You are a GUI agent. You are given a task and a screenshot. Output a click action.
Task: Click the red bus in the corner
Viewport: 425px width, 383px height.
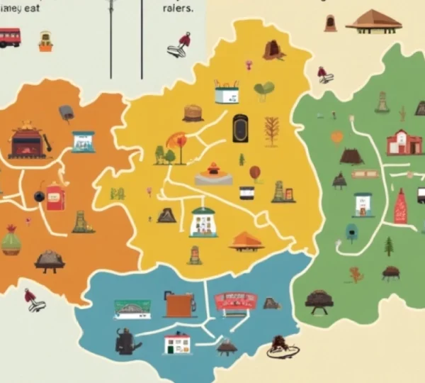coord(9,37)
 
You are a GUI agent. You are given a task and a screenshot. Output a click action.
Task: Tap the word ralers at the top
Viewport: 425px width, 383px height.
coord(177,9)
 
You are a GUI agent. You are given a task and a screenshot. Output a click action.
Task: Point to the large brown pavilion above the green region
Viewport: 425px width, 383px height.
coord(373,21)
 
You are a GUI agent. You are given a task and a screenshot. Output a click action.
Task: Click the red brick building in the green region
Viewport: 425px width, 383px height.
coord(404,142)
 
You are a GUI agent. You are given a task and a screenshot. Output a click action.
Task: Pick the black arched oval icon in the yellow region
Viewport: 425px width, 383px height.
coord(239,128)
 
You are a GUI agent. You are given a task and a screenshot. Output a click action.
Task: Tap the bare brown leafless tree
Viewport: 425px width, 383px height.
coord(271,131)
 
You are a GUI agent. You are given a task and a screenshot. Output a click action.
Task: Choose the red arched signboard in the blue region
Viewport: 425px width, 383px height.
coord(234,301)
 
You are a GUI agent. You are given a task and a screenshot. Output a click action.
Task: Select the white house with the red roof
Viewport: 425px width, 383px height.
coord(177,343)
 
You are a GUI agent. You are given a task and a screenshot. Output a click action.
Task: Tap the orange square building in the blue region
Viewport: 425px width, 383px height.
coord(180,305)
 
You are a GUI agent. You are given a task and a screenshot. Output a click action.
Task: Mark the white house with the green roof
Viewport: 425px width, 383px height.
coord(204,221)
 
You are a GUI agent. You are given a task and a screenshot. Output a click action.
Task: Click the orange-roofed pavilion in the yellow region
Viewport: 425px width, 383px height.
coord(246,241)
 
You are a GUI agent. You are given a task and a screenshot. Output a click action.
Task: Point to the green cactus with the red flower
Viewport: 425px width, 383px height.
coord(11,241)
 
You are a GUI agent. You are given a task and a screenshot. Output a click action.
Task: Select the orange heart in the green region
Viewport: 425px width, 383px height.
coord(337,137)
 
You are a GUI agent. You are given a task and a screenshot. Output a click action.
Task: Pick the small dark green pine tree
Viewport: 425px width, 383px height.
coord(388,246)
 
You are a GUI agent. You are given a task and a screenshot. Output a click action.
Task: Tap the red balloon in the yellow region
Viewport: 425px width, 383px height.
coord(255,172)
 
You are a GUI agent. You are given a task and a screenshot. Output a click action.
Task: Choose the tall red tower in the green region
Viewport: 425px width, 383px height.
coord(400,207)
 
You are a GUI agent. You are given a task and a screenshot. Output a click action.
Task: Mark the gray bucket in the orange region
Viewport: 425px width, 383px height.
coord(66,112)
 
